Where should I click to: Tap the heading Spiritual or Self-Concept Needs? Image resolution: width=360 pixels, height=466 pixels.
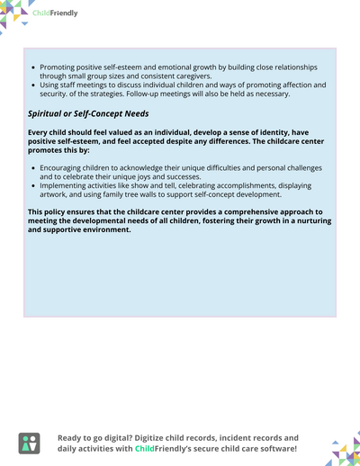click(88, 113)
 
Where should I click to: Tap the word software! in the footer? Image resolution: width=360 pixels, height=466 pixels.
click(272, 448)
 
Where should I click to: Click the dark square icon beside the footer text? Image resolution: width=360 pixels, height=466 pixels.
click(30, 443)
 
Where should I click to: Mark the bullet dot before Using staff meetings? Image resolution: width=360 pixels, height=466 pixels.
click(33, 85)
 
